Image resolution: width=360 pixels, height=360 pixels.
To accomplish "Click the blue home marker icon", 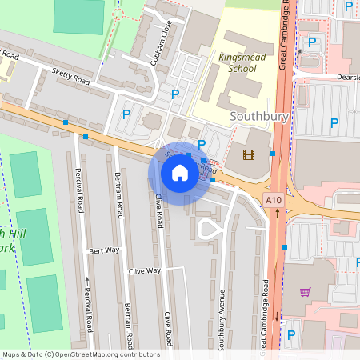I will point(180,173).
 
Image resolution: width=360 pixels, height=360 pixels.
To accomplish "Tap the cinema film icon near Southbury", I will point(248,154).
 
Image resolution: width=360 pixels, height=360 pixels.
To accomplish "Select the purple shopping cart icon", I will point(305,292).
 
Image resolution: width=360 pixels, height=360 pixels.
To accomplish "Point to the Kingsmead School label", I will point(238,63).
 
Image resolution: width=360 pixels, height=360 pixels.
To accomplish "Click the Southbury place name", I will point(258,116).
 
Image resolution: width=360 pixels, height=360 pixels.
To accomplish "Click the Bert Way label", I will point(104,250).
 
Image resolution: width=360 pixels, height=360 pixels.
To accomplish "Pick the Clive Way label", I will point(145,271).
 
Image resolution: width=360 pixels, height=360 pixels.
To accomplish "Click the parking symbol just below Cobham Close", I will point(175,94).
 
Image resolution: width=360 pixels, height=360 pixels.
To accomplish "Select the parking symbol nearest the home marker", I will point(202,145).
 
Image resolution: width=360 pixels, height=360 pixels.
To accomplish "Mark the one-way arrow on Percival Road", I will point(86,280).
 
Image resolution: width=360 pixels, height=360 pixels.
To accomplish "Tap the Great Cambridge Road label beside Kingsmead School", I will point(283,36).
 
